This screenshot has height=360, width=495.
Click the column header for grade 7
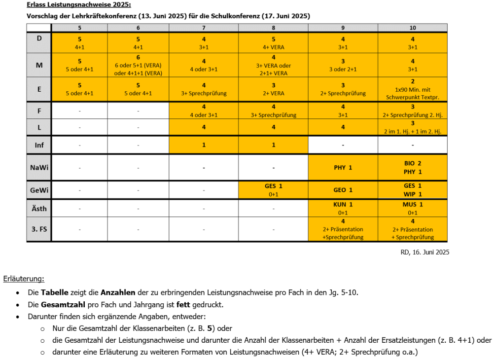click(x=204, y=28)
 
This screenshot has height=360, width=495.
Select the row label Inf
click(x=39, y=145)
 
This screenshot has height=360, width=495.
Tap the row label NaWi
click(x=39, y=167)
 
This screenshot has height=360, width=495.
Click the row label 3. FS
click(x=39, y=229)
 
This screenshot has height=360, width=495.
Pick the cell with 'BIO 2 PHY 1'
click(x=413, y=167)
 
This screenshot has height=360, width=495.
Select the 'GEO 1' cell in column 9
click(x=343, y=190)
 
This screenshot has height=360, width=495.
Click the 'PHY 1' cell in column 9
click(x=343, y=167)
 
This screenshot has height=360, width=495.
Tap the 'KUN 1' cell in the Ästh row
click(x=343, y=208)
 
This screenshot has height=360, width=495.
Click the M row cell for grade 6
click(x=138, y=65)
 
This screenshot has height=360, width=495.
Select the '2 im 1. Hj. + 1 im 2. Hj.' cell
click(x=413, y=127)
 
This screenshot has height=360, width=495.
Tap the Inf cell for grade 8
click(x=273, y=145)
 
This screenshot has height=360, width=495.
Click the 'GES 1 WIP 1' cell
click(x=413, y=190)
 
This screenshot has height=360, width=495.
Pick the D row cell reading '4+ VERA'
click(x=273, y=43)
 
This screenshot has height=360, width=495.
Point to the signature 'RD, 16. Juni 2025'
click(x=424, y=252)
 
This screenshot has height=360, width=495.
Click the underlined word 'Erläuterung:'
click(x=24, y=279)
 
